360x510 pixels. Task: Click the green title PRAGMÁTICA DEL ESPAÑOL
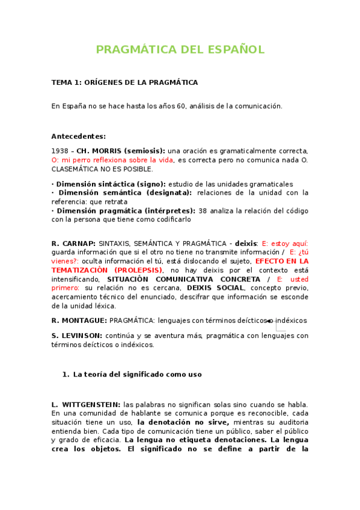coord(180,49)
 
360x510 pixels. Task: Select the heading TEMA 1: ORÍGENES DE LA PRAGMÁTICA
coord(124,82)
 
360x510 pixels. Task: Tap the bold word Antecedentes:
coord(78,136)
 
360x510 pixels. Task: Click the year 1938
coord(59,150)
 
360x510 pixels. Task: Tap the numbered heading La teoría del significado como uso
coord(137,374)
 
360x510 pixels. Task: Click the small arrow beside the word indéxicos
coord(269,321)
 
